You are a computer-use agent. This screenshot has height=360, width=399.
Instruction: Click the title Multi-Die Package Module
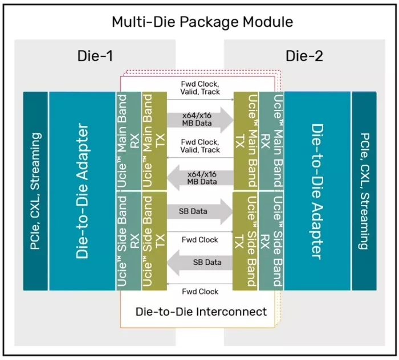[x=202, y=22]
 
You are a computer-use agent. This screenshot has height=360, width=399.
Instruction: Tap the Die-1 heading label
[x=95, y=56]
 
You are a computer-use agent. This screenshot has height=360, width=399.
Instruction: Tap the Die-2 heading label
[x=304, y=56]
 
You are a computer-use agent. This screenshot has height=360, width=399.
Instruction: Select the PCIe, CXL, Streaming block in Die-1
[x=35, y=191]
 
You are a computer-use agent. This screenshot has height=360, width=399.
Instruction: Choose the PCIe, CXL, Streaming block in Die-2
[x=364, y=191]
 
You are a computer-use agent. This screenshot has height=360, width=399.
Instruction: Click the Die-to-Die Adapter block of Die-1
[x=82, y=191]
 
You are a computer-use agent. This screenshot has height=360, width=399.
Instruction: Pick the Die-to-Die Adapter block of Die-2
[x=318, y=191]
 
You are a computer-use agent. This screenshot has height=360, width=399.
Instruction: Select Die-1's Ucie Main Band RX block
[x=128, y=141]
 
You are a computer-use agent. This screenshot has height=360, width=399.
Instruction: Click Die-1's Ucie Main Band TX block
[x=154, y=141]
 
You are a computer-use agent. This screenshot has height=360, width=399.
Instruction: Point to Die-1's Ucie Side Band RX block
[x=128, y=241]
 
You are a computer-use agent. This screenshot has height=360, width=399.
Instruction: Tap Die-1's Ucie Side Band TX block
[x=154, y=241]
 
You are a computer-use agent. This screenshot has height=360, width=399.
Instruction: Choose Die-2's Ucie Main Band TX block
[x=246, y=141]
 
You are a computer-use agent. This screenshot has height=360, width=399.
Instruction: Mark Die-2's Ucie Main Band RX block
[x=272, y=141]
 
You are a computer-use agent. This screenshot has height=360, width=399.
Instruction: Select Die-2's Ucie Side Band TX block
[x=246, y=241]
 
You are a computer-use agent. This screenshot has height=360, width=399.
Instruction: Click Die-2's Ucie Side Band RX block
[x=272, y=241]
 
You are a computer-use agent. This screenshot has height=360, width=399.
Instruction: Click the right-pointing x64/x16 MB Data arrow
[x=200, y=118]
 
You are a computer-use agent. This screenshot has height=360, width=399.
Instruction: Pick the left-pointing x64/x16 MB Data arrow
[x=200, y=177]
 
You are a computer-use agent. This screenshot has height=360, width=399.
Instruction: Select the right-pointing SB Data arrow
[x=200, y=211]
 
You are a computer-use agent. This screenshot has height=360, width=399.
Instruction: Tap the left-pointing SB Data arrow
[x=200, y=263]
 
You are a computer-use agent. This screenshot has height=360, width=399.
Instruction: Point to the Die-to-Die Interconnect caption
[x=201, y=312]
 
